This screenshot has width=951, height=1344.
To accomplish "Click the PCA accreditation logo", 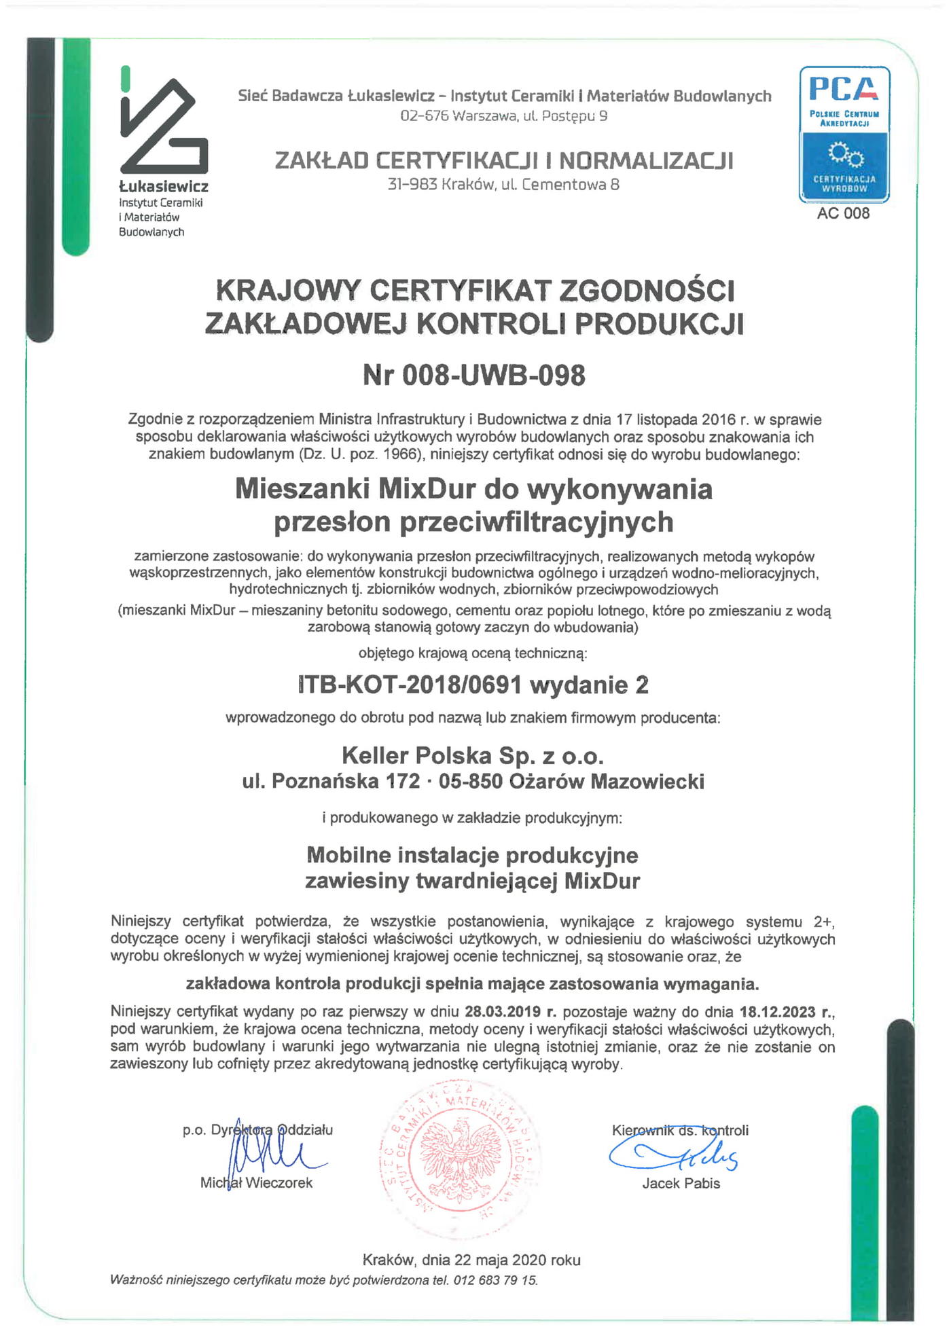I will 844,134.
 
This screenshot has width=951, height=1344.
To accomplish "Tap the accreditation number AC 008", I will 843,213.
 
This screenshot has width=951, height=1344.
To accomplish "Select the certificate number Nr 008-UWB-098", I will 473,375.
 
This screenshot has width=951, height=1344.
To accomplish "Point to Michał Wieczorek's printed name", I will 256,1182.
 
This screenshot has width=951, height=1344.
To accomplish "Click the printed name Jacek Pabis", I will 681,1183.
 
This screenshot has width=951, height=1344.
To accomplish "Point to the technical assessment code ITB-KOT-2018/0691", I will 410,685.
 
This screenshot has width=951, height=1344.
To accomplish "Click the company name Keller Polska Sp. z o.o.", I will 473,755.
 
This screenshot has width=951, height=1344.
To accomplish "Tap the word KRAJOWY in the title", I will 287,291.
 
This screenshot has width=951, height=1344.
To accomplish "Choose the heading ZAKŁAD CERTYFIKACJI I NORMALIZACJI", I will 504,160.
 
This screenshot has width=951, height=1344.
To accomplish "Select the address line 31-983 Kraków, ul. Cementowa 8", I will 503,184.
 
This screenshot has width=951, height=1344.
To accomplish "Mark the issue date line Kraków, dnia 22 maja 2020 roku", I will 471,1260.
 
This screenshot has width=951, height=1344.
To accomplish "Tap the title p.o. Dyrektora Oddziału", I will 257,1130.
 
